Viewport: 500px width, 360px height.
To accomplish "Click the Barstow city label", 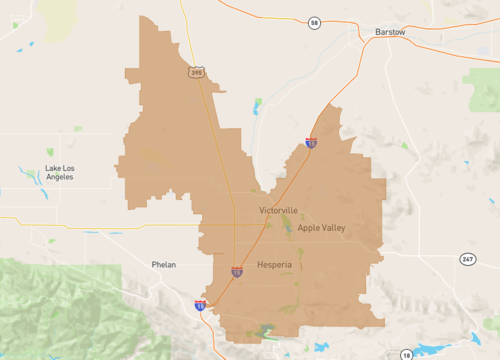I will tap(390, 32).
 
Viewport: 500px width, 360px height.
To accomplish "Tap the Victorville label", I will tap(278, 211).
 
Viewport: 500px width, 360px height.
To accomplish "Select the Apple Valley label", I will tap(320, 229).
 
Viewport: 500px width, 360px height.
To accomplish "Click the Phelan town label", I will tap(163, 265).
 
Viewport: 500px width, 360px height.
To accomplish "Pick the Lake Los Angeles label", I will tap(65, 172).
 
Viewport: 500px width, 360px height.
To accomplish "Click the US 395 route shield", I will tap(196, 72).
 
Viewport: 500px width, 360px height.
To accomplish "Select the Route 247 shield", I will tap(467, 258).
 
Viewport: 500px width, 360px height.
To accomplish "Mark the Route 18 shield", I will tap(406, 354).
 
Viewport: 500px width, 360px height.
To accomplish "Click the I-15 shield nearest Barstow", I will tap(311, 143).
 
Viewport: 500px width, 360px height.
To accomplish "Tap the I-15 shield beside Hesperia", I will tap(237, 270).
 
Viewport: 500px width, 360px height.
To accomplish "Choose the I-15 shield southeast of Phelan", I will tap(200, 304).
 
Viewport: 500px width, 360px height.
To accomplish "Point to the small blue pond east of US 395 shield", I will tap(257, 104).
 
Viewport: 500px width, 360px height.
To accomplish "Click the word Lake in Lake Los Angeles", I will tap(53, 167).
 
